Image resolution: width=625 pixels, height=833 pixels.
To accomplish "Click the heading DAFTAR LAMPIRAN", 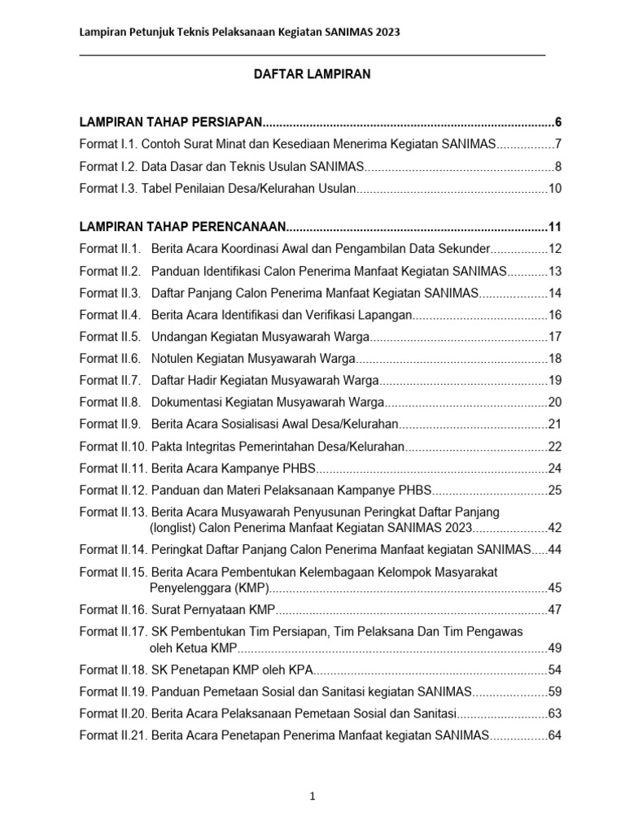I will (312, 74).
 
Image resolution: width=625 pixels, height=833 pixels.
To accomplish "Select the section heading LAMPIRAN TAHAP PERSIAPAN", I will (170, 123).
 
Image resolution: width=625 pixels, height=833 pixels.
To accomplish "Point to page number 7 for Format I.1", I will (557, 145).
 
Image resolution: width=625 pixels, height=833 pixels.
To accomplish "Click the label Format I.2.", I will (108, 167).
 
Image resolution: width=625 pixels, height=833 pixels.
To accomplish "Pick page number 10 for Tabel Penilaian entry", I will (555, 189).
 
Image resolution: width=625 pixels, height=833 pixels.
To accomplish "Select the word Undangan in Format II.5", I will (177, 336).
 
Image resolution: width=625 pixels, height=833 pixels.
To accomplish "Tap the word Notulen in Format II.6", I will (173, 358).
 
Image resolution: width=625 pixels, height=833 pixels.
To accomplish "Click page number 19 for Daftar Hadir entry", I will (555, 380).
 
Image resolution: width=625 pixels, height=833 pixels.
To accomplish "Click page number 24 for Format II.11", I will (555, 468).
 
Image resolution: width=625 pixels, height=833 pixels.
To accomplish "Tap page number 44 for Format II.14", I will (555, 550).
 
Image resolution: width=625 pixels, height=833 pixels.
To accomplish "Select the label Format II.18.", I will (113, 669).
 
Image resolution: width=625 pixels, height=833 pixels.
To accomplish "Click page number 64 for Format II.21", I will (555, 735).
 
